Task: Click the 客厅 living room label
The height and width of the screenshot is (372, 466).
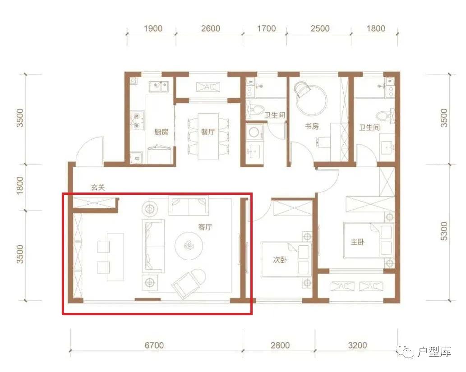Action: tap(205, 227)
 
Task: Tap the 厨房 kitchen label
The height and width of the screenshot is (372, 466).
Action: tap(161, 132)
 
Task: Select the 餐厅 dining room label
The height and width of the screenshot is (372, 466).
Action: tap(208, 132)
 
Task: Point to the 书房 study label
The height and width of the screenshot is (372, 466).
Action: tap(312, 126)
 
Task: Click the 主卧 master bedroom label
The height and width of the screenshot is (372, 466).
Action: tap(357, 242)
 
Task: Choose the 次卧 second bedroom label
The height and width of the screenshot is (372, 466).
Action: tap(280, 260)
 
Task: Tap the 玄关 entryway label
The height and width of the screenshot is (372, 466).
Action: tap(98, 188)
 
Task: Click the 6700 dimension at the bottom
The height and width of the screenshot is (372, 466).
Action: tap(154, 345)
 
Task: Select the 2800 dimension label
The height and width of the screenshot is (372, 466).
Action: tap(280, 345)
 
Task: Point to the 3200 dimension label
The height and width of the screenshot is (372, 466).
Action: tap(357, 345)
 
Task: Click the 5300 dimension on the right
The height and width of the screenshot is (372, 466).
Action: tap(443, 231)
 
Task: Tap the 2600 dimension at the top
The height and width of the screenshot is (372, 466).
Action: tap(210, 28)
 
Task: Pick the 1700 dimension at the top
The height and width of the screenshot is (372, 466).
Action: tap(266, 28)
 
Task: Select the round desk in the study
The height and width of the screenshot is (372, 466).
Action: tap(312, 101)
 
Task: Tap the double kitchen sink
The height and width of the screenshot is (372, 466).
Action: tap(159, 87)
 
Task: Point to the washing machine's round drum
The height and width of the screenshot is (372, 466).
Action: tap(254, 132)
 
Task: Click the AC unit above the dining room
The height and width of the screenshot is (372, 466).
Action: tap(208, 87)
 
